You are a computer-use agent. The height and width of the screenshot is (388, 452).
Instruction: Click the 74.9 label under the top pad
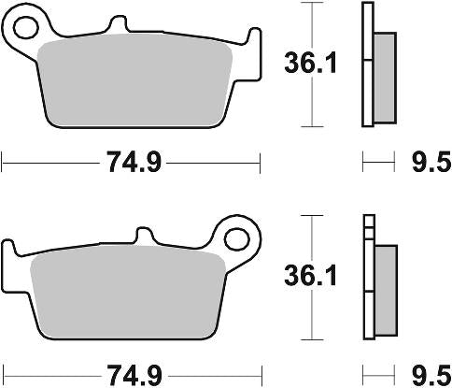click(x=131, y=164)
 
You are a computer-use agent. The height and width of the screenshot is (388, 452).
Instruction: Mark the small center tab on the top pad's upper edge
click(x=117, y=22)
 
